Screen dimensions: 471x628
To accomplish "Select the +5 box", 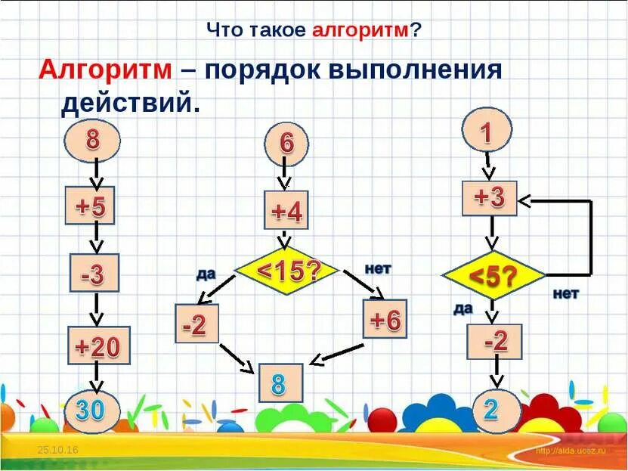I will point(90,206).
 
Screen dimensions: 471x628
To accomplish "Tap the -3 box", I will point(94,274).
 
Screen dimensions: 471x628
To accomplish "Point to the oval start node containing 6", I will point(286,144).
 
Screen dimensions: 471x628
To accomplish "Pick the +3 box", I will point(490,198).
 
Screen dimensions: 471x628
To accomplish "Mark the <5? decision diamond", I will point(493,277).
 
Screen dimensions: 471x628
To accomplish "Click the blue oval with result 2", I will point(492,409).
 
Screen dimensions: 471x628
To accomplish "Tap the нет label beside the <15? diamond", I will point(378,268).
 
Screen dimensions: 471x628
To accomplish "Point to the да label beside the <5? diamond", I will point(462,308).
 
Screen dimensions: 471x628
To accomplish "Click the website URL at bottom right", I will point(571,451).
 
